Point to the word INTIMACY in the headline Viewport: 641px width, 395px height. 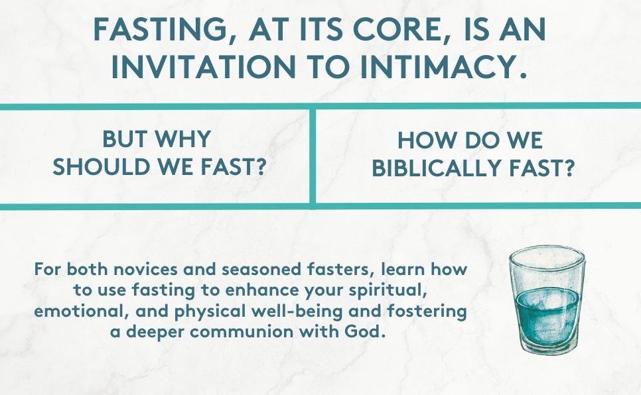coord(436,68)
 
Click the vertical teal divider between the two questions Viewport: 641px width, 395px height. coord(313,156)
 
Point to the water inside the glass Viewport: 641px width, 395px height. coord(548,311)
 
